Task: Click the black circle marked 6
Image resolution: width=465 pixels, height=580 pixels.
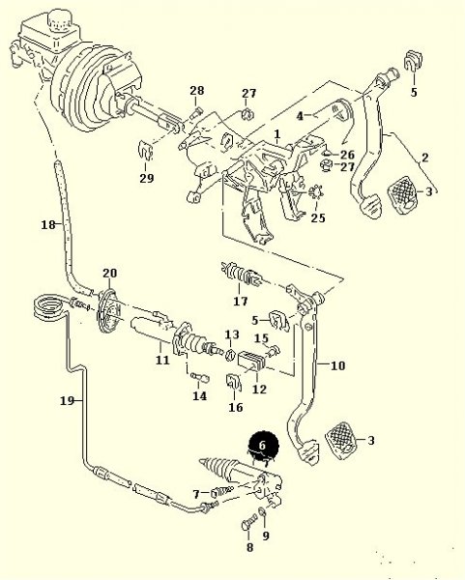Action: pos(263,446)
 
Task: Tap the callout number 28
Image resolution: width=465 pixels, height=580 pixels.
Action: pos(197,90)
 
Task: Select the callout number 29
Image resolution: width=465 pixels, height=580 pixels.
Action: pos(147,178)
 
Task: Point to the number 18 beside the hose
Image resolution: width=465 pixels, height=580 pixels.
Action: pos(48,224)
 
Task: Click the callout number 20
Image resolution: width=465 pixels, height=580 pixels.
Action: pos(110,273)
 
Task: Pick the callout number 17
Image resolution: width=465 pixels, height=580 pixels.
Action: pos(241,301)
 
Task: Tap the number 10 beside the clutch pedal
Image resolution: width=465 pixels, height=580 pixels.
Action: pos(337,365)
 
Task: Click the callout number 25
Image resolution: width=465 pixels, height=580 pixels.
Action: pos(318,217)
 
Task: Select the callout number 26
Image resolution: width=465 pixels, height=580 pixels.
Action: pos(347,155)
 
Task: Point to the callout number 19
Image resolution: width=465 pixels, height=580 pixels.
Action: pos(67,400)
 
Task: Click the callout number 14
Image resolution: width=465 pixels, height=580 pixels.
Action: pos(200,395)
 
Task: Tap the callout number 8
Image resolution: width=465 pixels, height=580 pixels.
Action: pos(250,547)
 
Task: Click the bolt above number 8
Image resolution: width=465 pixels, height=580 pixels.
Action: pos(248,523)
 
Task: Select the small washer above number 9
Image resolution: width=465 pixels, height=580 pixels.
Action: pos(262,511)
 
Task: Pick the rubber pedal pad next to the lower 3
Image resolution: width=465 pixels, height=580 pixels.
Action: pos(341,440)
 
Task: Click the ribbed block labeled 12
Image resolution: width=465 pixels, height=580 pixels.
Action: pos(254,361)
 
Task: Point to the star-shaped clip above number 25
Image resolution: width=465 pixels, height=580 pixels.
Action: pos(316,192)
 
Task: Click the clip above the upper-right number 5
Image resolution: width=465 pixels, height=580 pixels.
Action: pos(413,60)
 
